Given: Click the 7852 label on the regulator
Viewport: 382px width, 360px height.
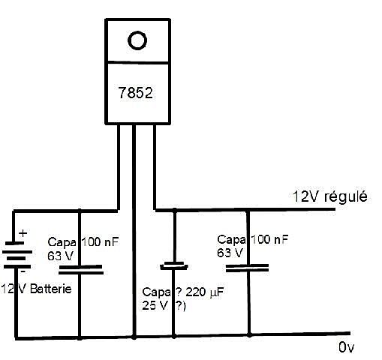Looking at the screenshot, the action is coord(135,93).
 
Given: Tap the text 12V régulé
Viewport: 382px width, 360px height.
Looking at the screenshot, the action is coord(330,196).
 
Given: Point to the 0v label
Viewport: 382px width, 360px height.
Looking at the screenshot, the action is coord(347,347).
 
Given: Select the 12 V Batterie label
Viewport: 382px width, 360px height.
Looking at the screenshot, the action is coord(36,289).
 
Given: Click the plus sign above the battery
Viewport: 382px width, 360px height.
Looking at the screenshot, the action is coord(23,233).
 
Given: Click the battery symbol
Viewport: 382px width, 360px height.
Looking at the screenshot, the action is coord(17,255).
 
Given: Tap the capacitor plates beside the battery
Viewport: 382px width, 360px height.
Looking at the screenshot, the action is coord(80,270).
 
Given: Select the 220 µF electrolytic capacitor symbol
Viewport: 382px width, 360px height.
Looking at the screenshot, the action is coord(174,265).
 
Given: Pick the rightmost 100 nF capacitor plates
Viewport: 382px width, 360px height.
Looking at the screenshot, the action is coord(247,268).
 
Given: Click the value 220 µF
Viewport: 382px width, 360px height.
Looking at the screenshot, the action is coord(205,292).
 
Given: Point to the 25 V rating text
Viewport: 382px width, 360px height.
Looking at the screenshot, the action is coord(155,305).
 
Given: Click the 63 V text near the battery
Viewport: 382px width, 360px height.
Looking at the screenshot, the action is coord(61,256).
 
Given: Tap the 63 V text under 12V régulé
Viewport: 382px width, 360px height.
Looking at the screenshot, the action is coord(230,253).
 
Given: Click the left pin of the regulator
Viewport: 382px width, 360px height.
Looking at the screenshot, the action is coord(118,167).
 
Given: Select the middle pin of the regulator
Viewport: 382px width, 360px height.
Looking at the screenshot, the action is coord(134,230).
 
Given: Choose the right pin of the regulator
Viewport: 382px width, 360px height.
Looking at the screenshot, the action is coord(155,167).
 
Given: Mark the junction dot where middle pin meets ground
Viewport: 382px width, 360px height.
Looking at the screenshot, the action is coord(134,337).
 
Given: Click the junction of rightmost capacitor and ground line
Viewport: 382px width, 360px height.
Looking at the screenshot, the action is coord(249,334).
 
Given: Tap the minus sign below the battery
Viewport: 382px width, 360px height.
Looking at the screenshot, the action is coord(23,271).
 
